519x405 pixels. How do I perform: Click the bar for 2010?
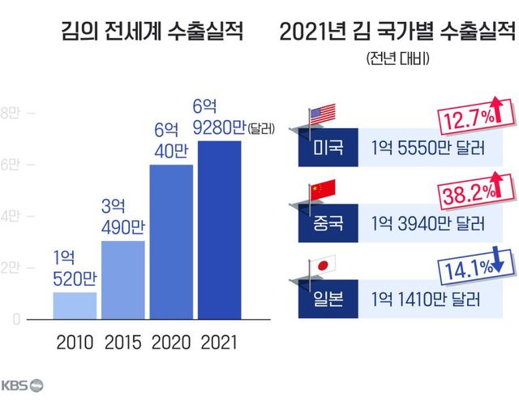pyautogui.click(x=75, y=306)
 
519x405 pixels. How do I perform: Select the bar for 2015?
pyautogui.click(x=122, y=281)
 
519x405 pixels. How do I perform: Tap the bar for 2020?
pyautogui.click(x=171, y=242)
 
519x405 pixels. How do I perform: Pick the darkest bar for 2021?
pyautogui.click(x=219, y=231)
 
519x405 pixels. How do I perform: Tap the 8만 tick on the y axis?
pyautogui.click(x=15, y=113)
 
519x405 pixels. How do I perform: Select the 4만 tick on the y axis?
pyautogui.click(x=15, y=217)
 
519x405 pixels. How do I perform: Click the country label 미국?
pyautogui.click(x=328, y=149)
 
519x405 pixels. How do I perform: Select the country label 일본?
pyautogui.click(x=328, y=298)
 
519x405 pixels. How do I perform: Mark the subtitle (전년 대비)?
pyautogui.click(x=397, y=58)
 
